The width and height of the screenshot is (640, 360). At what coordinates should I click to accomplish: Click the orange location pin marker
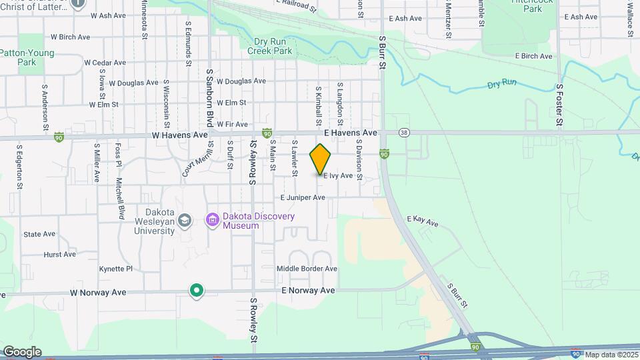(x=321, y=159)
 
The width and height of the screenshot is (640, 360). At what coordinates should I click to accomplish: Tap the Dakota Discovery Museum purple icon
(x=213, y=219)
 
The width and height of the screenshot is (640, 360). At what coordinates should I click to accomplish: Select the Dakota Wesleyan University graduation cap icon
(x=185, y=219)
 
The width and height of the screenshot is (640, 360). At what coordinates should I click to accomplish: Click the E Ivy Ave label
(x=338, y=176)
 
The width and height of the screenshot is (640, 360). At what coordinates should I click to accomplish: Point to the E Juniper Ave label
(x=303, y=198)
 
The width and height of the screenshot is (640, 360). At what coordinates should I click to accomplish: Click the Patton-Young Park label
(x=27, y=57)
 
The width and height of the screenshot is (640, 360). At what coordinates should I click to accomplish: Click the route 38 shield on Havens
(x=404, y=133)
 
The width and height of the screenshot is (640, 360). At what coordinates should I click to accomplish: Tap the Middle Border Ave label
(x=307, y=269)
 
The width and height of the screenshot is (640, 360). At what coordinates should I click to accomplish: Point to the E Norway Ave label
(x=307, y=291)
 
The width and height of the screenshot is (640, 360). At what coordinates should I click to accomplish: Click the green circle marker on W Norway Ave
(x=197, y=290)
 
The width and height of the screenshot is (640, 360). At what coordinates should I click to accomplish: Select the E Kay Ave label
(x=425, y=220)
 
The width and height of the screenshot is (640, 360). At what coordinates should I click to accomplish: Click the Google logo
(x=22, y=351)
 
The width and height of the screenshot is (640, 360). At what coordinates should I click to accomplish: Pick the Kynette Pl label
(x=116, y=269)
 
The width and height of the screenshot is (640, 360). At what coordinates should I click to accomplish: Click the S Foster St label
(x=560, y=105)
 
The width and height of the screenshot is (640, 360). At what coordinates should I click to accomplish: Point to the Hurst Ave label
(x=59, y=255)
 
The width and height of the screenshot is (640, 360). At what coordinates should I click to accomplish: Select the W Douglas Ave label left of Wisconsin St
(x=133, y=83)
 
